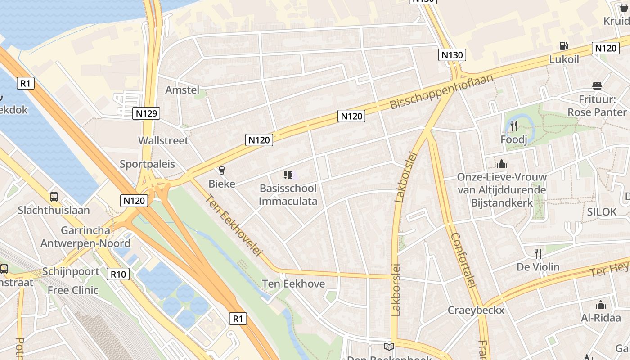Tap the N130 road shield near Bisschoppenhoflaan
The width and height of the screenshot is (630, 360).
(452, 55)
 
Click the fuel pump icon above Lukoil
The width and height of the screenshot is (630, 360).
(563, 45)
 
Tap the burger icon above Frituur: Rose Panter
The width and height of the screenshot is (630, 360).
(597, 85)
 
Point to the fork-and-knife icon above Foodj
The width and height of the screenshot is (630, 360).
(514, 126)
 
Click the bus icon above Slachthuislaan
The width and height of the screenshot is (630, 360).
(54, 197)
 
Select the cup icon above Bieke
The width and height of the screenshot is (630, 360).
(221, 170)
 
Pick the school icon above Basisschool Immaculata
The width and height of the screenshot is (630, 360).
(288, 175)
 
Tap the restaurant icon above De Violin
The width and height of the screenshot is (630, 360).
(538, 253)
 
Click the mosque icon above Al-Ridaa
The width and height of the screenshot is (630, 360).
(600, 305)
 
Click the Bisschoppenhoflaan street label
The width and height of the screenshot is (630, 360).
(441, 92)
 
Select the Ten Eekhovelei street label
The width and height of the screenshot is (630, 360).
(234, 225)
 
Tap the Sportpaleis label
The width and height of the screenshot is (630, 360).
(147, 164)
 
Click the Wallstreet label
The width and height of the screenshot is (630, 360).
(163, 140)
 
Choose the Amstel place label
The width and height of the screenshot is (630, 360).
(182, 90)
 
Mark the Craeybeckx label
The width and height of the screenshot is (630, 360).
(476, 310)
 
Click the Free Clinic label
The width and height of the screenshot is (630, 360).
(73, 290)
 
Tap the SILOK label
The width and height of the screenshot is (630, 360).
(602, 212)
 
